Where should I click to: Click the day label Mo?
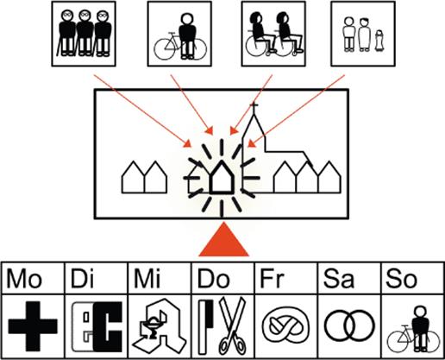[24, 278]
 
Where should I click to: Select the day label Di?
[82, 278]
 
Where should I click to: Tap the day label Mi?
[147, 278]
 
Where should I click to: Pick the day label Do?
[214, 279]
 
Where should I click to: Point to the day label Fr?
[272, 278]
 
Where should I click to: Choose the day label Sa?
[338, 279]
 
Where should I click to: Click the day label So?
[401, 279]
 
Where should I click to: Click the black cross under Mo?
[33, 326]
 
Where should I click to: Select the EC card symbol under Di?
[97, 327]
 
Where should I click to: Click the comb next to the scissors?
[205, 327]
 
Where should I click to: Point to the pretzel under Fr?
[286, 325]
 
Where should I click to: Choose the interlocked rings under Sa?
[349, 325]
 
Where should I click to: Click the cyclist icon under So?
[413, 329]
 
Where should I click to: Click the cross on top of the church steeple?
[254, 106]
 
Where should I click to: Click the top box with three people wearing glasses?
[84, 34]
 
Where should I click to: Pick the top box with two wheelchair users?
[273, 34]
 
